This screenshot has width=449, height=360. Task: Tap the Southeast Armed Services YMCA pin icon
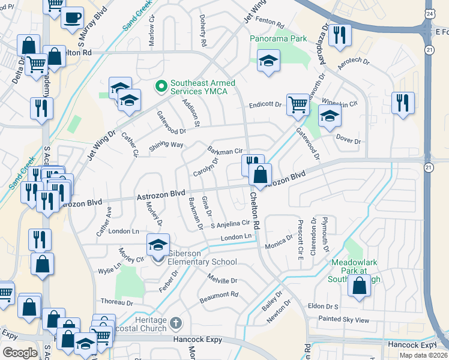click(160, 88)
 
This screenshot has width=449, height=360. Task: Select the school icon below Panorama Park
click(268, 60)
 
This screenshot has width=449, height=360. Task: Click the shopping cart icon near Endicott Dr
click(297, 104)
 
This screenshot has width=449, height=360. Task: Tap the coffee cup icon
click(72, 17)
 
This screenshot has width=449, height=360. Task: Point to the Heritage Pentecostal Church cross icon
click(176, 323)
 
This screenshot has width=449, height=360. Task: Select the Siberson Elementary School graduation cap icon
click(158, 245)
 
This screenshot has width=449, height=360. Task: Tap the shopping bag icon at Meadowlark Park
click(359, 287)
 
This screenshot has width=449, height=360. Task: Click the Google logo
click(20, 352)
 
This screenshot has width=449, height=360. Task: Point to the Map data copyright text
click(424, 355)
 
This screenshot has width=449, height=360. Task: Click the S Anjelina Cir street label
click(229, 224)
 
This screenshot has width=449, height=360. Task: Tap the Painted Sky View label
click(344, 320)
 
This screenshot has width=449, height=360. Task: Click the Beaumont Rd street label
click(218, 295)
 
